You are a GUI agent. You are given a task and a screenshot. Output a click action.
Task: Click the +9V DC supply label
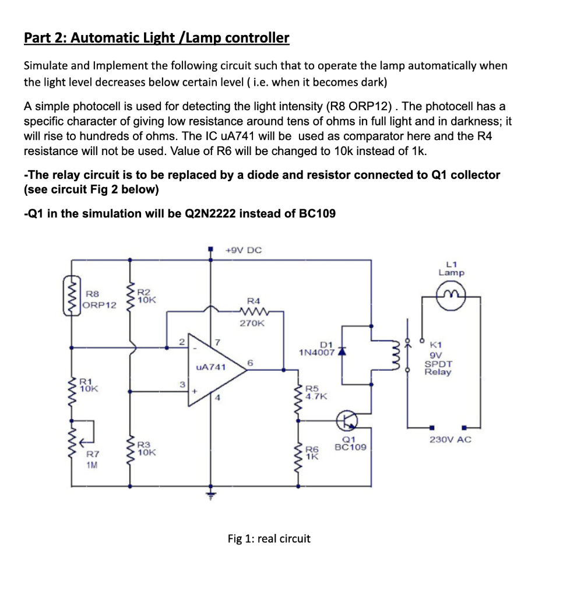(x=244, y=251)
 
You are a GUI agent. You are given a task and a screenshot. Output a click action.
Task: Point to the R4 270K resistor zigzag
(x=252, y=311)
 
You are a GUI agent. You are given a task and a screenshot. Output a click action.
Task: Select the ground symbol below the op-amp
(x=211, y=496)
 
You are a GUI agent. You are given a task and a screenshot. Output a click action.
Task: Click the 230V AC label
(x=450, y=439)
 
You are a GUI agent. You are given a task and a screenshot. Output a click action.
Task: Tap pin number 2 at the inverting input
(x=181, y=342)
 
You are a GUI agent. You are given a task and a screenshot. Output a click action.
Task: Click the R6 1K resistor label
(x=313, y=453)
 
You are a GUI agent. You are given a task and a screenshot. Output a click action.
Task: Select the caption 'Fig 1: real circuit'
(x=269, y=539)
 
